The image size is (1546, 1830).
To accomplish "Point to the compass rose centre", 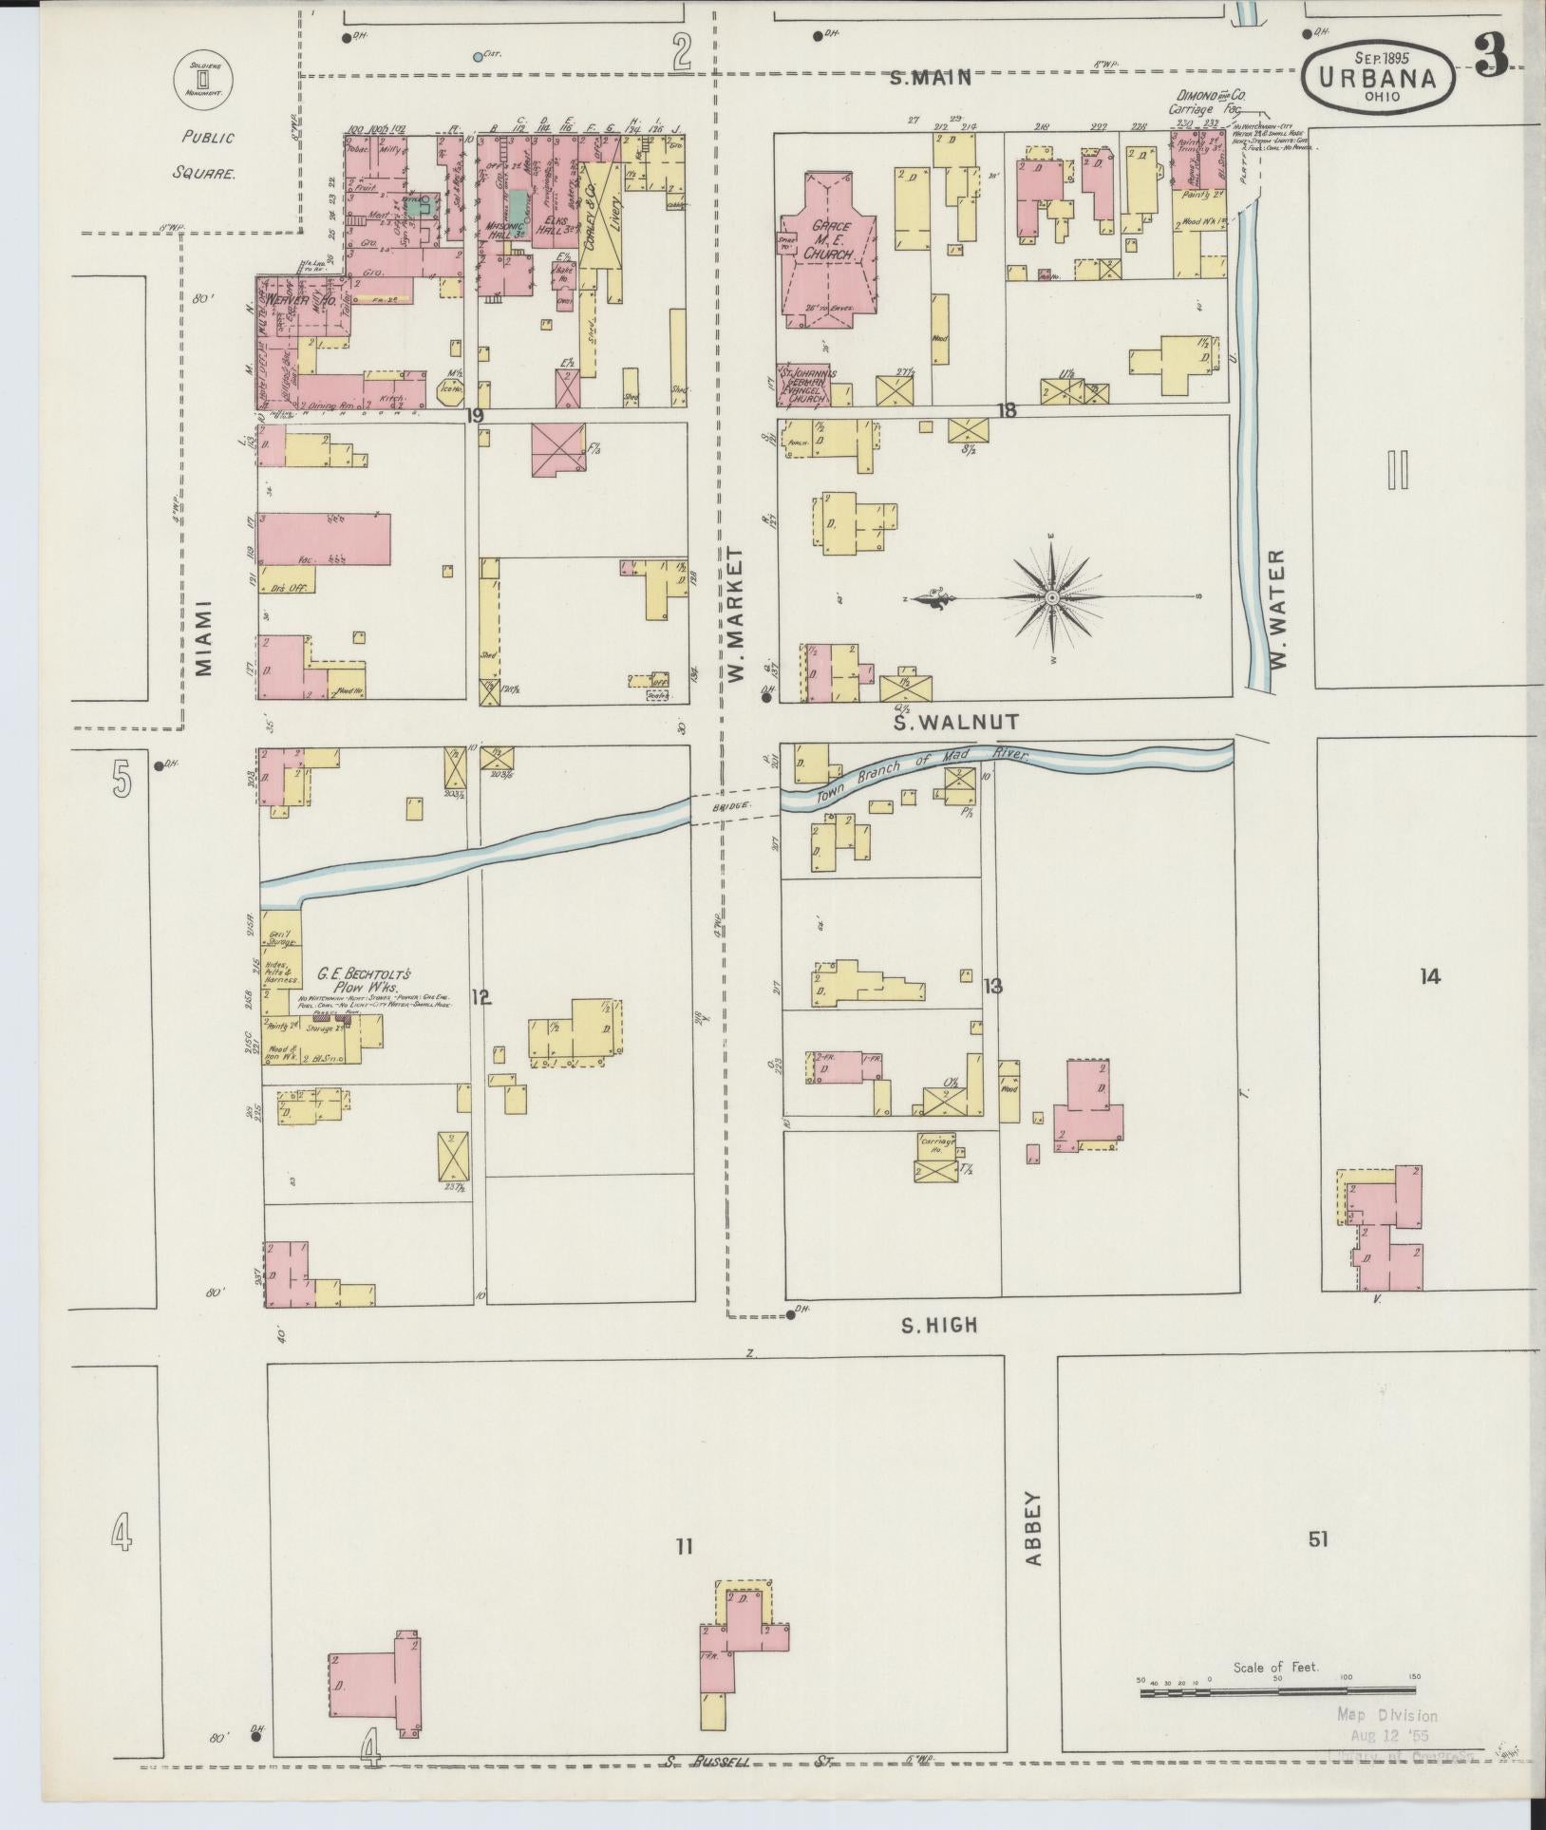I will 1052,597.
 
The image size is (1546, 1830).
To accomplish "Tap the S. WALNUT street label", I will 957,723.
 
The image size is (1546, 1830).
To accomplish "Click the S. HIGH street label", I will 938,1325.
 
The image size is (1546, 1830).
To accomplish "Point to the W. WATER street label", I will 1277,607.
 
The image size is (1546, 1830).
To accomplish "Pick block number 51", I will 1317,1539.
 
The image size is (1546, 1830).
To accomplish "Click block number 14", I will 1429,975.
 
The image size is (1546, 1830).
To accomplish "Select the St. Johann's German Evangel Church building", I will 805,386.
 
